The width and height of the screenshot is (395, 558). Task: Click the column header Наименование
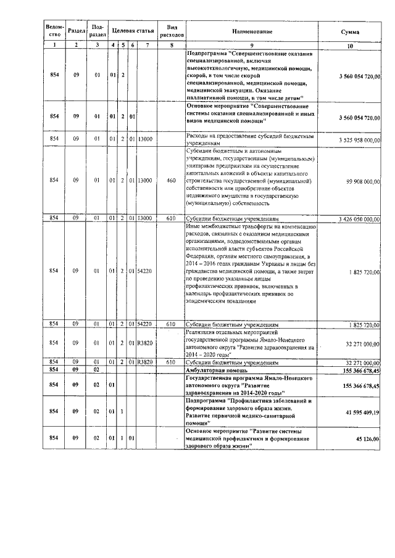pos(252,31)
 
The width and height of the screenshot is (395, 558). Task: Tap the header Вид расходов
pos(172,31)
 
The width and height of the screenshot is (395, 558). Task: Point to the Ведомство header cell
pos(55,31)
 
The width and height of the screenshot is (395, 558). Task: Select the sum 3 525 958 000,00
pos(356,140)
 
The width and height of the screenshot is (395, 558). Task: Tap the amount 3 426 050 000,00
pos(356,219)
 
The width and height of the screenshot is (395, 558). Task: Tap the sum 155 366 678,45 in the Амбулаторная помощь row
pos(357,370)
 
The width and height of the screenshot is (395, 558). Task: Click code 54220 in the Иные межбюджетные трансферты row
pos(144,271)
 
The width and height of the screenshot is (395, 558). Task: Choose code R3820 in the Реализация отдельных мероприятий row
pos(144,343)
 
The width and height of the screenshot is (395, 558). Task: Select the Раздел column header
pos(76,31)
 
